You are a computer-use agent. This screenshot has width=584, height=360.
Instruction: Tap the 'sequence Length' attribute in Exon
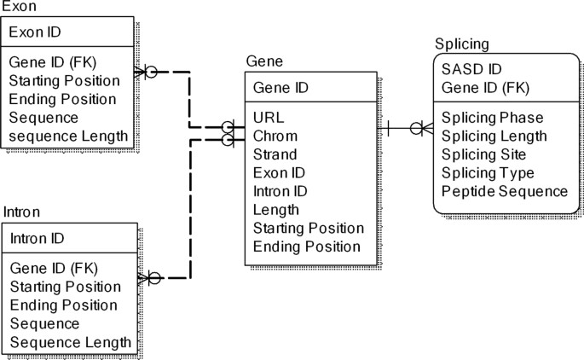coord(68,136)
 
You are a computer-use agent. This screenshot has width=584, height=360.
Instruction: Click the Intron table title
coord(22,212)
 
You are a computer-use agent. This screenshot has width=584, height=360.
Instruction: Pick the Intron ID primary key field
coord(49,239)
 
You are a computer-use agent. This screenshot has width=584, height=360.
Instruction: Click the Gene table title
coord(264,61)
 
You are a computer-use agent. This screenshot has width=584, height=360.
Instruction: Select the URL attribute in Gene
coord(269,118)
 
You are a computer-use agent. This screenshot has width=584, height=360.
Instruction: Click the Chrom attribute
coord(275,136)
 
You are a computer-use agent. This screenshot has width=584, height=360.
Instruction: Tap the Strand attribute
coord(275,154)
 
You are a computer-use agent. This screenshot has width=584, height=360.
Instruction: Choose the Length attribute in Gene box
coord(276,210)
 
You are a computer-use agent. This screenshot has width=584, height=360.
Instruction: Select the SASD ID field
coord(471,69)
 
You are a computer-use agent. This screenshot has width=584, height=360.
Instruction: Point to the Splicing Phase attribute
coord(492,118)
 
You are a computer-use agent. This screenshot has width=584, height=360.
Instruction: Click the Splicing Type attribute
coord(488,173)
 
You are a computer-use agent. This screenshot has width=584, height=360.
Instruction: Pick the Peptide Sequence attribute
coord(505,191)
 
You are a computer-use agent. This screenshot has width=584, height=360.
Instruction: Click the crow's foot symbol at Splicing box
coord(421,129)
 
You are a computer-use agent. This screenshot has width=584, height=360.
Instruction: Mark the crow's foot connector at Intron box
coord(151,277)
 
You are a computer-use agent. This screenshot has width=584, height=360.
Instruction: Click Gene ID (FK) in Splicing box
coord(485,87)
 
